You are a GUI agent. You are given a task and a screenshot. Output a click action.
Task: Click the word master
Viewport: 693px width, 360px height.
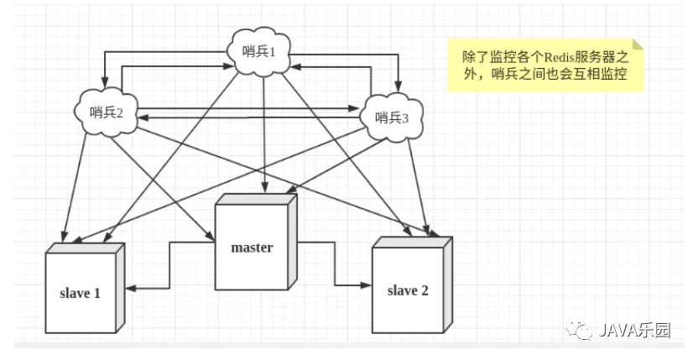253,248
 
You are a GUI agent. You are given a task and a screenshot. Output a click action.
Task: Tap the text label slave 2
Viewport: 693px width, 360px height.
408,291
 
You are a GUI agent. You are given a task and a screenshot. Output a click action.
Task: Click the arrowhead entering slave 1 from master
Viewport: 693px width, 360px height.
133,290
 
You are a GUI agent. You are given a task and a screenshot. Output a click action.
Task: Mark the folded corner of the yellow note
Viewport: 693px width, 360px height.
638,44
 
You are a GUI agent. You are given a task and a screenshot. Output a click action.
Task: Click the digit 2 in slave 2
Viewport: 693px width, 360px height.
425,291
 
